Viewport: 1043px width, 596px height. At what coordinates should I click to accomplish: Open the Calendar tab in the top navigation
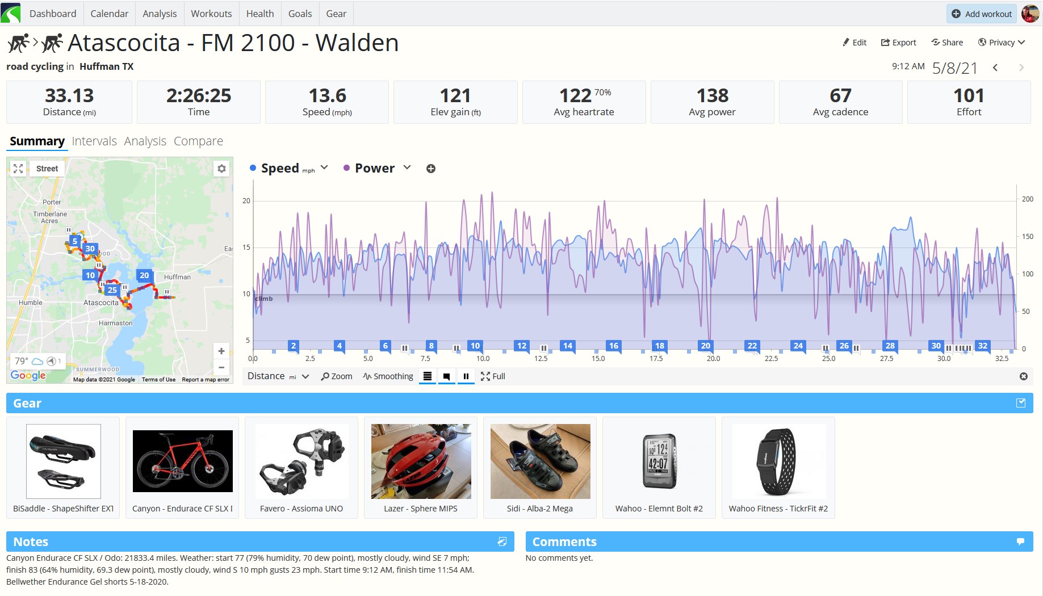pos(109,14)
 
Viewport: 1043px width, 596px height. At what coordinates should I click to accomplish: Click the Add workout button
pos(981,14)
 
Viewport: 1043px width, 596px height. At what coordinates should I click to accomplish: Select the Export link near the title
pos(898,43)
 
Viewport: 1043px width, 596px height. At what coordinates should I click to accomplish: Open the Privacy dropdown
pos(1001,43)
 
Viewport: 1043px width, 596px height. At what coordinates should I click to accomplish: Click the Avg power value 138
pos(712,95)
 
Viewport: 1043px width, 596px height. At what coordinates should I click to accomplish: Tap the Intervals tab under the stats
pos(94,141)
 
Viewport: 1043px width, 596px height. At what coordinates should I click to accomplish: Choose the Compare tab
pos(198,141)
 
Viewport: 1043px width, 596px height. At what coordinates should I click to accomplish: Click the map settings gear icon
pos(221,169)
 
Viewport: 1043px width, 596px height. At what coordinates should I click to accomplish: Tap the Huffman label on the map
pos(177,277)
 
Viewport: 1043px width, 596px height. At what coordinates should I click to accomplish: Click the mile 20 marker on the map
pos(144,275)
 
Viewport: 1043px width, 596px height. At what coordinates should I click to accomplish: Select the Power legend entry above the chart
pos(374,168)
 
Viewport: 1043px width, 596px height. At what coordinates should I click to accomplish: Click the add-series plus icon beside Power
pos(431,169)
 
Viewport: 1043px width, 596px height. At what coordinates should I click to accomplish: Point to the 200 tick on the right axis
pos(1028,199)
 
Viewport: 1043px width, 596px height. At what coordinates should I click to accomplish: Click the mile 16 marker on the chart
pos(613,346)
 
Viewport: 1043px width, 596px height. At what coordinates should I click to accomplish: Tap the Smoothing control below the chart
pos(388,376)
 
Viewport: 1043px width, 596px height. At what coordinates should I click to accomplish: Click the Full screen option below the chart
pos(493,376)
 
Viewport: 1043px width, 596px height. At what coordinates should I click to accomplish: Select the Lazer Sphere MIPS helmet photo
pos(421,461)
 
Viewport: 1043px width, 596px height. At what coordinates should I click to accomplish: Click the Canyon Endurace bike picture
pos(183,461)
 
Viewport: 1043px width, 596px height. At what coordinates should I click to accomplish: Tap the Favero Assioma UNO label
pos(301,509)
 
